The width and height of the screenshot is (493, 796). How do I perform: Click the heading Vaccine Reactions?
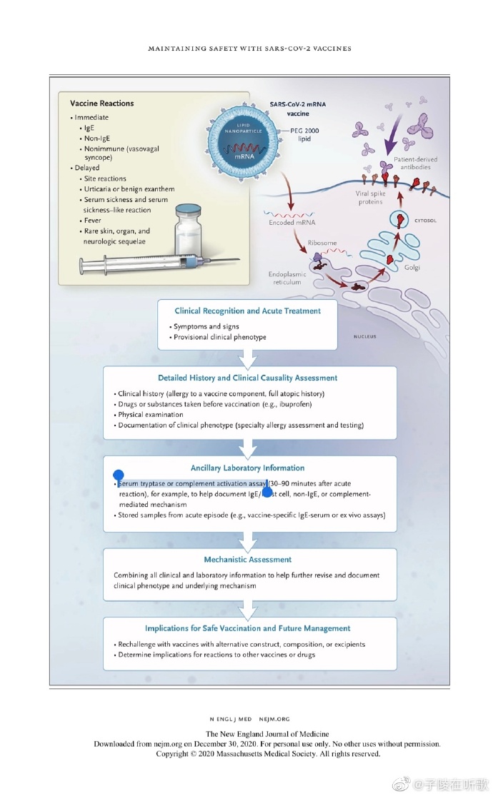102,104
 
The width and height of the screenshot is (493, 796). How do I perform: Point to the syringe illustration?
136,266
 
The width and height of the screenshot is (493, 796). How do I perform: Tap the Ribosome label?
322,243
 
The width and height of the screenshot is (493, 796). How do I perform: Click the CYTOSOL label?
425,221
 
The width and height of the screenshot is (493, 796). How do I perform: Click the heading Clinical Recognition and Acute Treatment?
248,311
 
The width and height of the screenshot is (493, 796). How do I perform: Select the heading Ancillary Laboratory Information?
247,468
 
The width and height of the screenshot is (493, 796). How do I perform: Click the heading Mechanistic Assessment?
246,560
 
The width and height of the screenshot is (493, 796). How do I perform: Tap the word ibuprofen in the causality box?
291,404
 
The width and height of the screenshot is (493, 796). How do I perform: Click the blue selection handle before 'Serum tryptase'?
119,475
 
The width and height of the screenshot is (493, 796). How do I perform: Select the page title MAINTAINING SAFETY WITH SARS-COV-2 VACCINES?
249,49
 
